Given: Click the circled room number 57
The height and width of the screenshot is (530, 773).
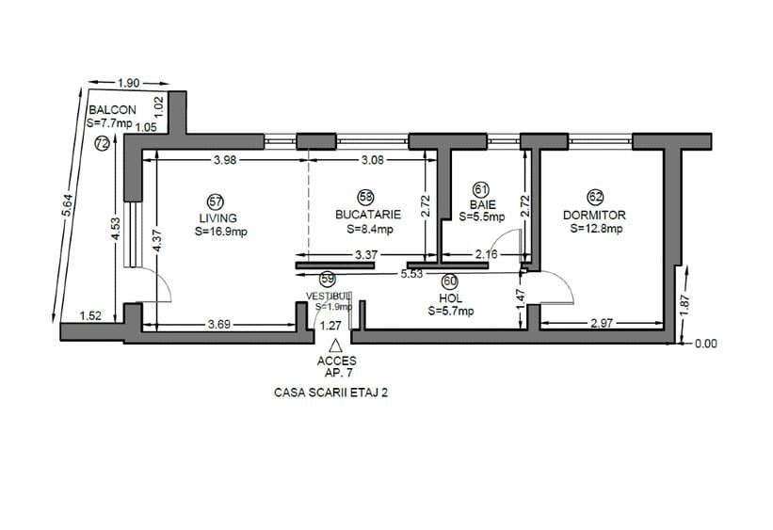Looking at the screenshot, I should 216,201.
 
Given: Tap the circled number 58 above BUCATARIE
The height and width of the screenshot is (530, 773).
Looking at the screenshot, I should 366,197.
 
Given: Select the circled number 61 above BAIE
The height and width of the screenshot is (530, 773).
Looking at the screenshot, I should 481,188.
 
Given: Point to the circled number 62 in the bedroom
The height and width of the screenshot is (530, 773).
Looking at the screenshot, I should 595,197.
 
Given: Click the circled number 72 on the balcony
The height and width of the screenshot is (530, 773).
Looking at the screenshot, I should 103,143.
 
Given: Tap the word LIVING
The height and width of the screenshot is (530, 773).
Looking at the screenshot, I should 217,217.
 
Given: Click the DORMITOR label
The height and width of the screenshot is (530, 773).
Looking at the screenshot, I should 594,215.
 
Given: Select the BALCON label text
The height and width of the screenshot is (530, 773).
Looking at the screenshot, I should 112,109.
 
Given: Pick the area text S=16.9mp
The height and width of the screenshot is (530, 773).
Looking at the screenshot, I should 221,232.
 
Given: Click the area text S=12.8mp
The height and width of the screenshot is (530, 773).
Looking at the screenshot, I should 595,229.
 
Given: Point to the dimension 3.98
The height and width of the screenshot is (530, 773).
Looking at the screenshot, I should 224,160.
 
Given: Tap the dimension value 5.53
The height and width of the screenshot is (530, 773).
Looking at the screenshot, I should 411,273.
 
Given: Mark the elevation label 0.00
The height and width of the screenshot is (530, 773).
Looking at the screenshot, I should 705,344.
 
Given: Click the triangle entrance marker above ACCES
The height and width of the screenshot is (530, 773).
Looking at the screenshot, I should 335,346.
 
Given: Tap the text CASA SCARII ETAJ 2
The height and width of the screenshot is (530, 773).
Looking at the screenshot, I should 330,393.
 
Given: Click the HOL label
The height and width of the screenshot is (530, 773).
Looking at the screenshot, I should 450,297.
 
